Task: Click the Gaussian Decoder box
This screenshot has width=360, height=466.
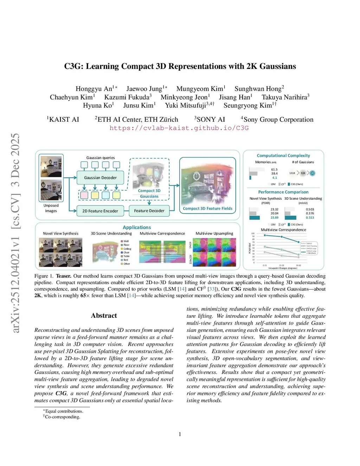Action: (x=100, y=178)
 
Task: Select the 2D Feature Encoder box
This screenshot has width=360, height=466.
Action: (x=100, y=211)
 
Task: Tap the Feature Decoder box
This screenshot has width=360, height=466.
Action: (x=149, y=211)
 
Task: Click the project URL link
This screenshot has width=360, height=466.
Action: (x=179, y=128)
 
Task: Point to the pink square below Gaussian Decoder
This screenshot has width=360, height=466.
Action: (x=84, y=195)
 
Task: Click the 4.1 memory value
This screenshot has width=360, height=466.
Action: (x=275, y=178)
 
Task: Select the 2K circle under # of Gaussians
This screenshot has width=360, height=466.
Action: (x=312, y=173)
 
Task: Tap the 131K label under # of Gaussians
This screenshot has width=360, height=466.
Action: (x=292, y=173)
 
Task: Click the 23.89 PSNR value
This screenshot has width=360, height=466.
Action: (x=275, y=218)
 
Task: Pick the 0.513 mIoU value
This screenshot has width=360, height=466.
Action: (x=310, y=218)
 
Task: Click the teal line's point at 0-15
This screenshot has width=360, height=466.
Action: (x=265, y=236)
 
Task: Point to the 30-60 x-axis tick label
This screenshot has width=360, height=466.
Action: (x=298, y=266)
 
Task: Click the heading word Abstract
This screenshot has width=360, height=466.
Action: (x=104, y=315)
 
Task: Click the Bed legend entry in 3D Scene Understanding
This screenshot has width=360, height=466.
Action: (x=126, y=260)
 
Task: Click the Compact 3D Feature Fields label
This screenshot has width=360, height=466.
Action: (x=207, y=209)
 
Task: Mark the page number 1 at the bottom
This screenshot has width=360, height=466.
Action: (x=180, y=434)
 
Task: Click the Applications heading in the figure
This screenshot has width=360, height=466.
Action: (x=137, y=228)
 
